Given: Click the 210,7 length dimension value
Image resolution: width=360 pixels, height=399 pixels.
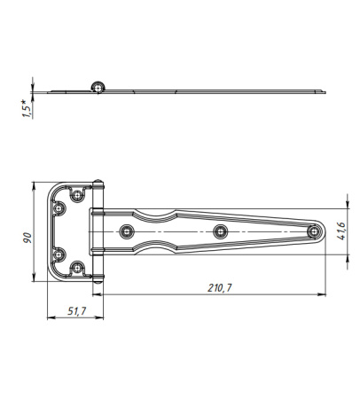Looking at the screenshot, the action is pos(220,287).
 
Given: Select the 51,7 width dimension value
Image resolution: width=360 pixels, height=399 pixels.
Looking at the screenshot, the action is pos(77,310).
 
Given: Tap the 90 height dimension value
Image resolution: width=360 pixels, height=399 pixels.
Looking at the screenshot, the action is pos(27,238).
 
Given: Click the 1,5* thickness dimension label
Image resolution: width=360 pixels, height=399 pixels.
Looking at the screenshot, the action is pos(27,109).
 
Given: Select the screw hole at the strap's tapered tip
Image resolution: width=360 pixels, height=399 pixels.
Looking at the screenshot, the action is pos(313,231).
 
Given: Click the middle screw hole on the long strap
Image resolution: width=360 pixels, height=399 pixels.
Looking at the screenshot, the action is pos(220,231).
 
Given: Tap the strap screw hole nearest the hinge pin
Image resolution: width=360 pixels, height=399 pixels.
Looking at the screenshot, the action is pos(127,231).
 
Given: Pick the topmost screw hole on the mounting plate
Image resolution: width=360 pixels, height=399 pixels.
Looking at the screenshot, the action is pos(77,195).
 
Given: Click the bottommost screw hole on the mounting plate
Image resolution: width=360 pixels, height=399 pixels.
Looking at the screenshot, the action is pos(77,268).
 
